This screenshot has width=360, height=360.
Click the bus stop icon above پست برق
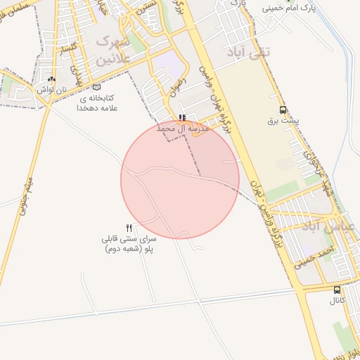283,110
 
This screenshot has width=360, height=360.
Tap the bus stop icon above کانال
337,290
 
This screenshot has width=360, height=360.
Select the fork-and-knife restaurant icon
129,228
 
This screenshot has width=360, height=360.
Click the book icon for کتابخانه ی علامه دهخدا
96,87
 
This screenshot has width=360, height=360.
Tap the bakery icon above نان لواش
51,79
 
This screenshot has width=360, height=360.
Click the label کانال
337,301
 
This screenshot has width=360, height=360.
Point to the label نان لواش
51,90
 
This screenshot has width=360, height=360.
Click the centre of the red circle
180,179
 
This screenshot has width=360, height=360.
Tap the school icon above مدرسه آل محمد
182,117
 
